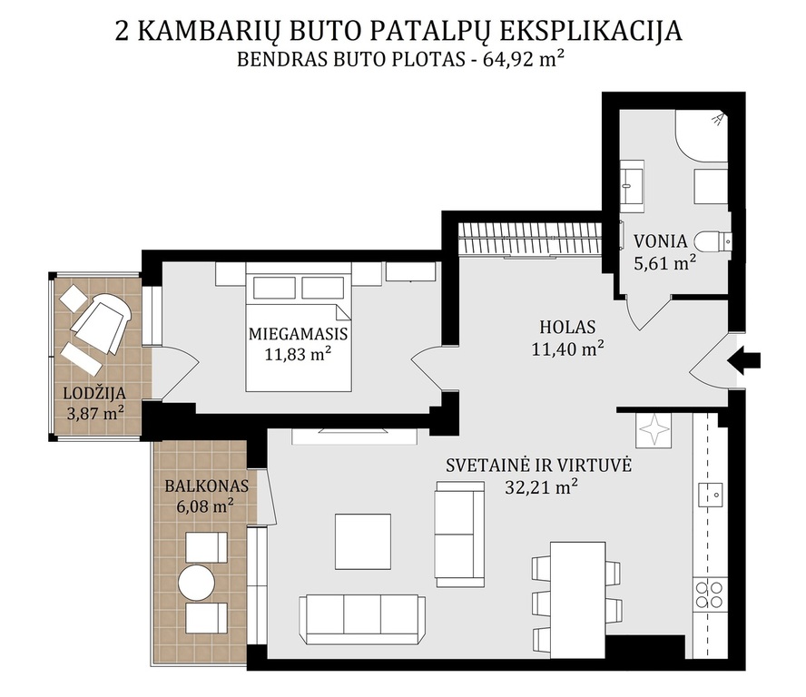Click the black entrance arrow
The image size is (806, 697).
tap(743, 359)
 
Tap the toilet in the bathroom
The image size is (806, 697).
tap(713, 241)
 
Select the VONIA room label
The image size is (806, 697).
tap(660, 241)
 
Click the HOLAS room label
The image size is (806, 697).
tap(567, 327)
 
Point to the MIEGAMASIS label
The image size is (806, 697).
tap(298, 334)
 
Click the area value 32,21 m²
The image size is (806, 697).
tap(541, 486)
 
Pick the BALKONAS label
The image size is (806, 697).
tap(207, 486)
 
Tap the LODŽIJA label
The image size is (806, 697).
tap(94, 393)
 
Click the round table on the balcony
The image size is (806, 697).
tap(196, 583)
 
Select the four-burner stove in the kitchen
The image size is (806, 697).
tap(710, 594)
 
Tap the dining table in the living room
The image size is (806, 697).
tap(578, 600)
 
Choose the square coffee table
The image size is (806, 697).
tap(363, 541)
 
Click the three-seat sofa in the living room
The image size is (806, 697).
tap(362, 619)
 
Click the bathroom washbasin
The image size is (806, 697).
tap(632, 186)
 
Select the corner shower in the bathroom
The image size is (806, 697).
tap(703, 135)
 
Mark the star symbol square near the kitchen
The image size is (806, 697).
tap(654, 429)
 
